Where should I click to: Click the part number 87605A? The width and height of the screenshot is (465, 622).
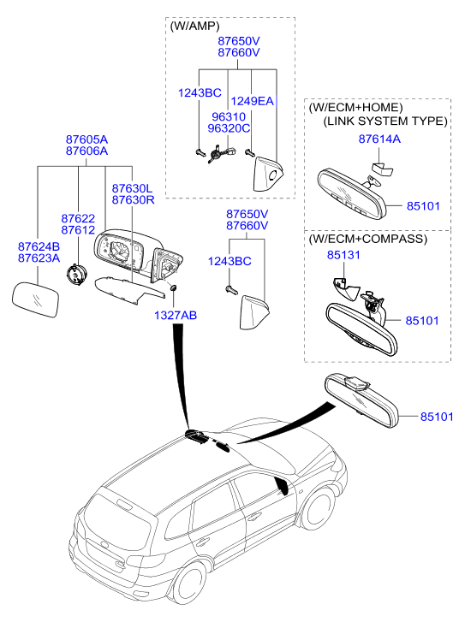point(86,139)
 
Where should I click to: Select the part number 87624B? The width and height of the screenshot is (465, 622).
point(39,246)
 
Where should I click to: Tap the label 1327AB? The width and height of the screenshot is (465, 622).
point(176,316)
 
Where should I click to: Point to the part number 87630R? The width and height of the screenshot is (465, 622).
point(133,200)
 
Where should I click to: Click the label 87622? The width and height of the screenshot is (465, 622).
point(78,218)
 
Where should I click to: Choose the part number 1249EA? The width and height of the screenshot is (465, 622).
point(252,102)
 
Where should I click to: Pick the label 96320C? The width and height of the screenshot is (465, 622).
point(229,128)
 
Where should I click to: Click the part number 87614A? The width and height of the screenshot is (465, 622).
point(379,139)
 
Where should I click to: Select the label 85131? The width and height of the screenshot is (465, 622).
point(343,255)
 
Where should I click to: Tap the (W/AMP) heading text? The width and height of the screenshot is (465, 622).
point(194,27)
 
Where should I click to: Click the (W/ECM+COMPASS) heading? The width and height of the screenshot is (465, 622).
point(367,239)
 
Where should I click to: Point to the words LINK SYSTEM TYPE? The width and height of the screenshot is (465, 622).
point(385,121)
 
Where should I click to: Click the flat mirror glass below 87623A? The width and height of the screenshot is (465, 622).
point(36,299)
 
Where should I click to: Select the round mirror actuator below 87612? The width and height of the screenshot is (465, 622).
point(76,274)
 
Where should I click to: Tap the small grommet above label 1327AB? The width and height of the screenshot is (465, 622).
point(174,287)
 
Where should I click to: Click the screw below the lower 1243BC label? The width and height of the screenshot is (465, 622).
point(231,291)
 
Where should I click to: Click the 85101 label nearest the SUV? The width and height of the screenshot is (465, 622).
point(437,417)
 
